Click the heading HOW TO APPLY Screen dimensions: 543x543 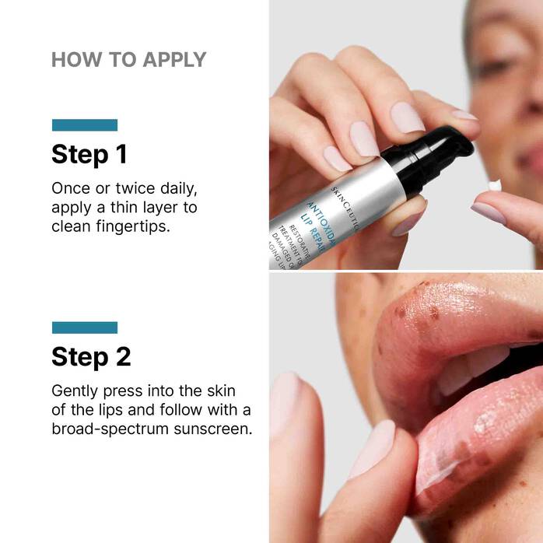(x=128, y=59)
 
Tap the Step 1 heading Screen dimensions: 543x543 (x=89, y=154)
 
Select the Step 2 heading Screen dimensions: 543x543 (x=91, y=356)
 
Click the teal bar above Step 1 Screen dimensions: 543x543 (x=84, y=124)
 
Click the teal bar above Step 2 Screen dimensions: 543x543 (x=84, y=327)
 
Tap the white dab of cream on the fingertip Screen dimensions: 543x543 (x=494, y=185)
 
